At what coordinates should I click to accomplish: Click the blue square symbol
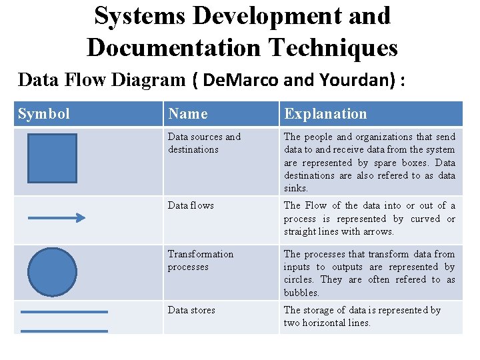(52, 159)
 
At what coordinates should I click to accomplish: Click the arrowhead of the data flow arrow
(81, 217)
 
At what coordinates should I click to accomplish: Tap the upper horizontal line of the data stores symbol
(64, 311)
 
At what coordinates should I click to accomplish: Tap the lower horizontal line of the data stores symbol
(64, 331)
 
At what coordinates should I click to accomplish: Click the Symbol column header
(44, 114)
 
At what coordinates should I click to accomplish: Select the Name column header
(188, 114)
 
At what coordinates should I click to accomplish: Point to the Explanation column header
(325, 114)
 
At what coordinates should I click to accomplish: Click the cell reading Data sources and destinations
(204, 143)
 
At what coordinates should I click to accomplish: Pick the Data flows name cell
(191, 205)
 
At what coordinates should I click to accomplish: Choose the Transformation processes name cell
(201, 260)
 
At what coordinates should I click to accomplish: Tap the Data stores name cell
(192, 310)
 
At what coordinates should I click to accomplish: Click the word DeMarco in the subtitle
(239, 80)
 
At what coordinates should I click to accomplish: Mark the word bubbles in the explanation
(301, 293)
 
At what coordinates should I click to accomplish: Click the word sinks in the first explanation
(295, 189)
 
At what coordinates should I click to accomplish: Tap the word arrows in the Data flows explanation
(378, 231)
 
